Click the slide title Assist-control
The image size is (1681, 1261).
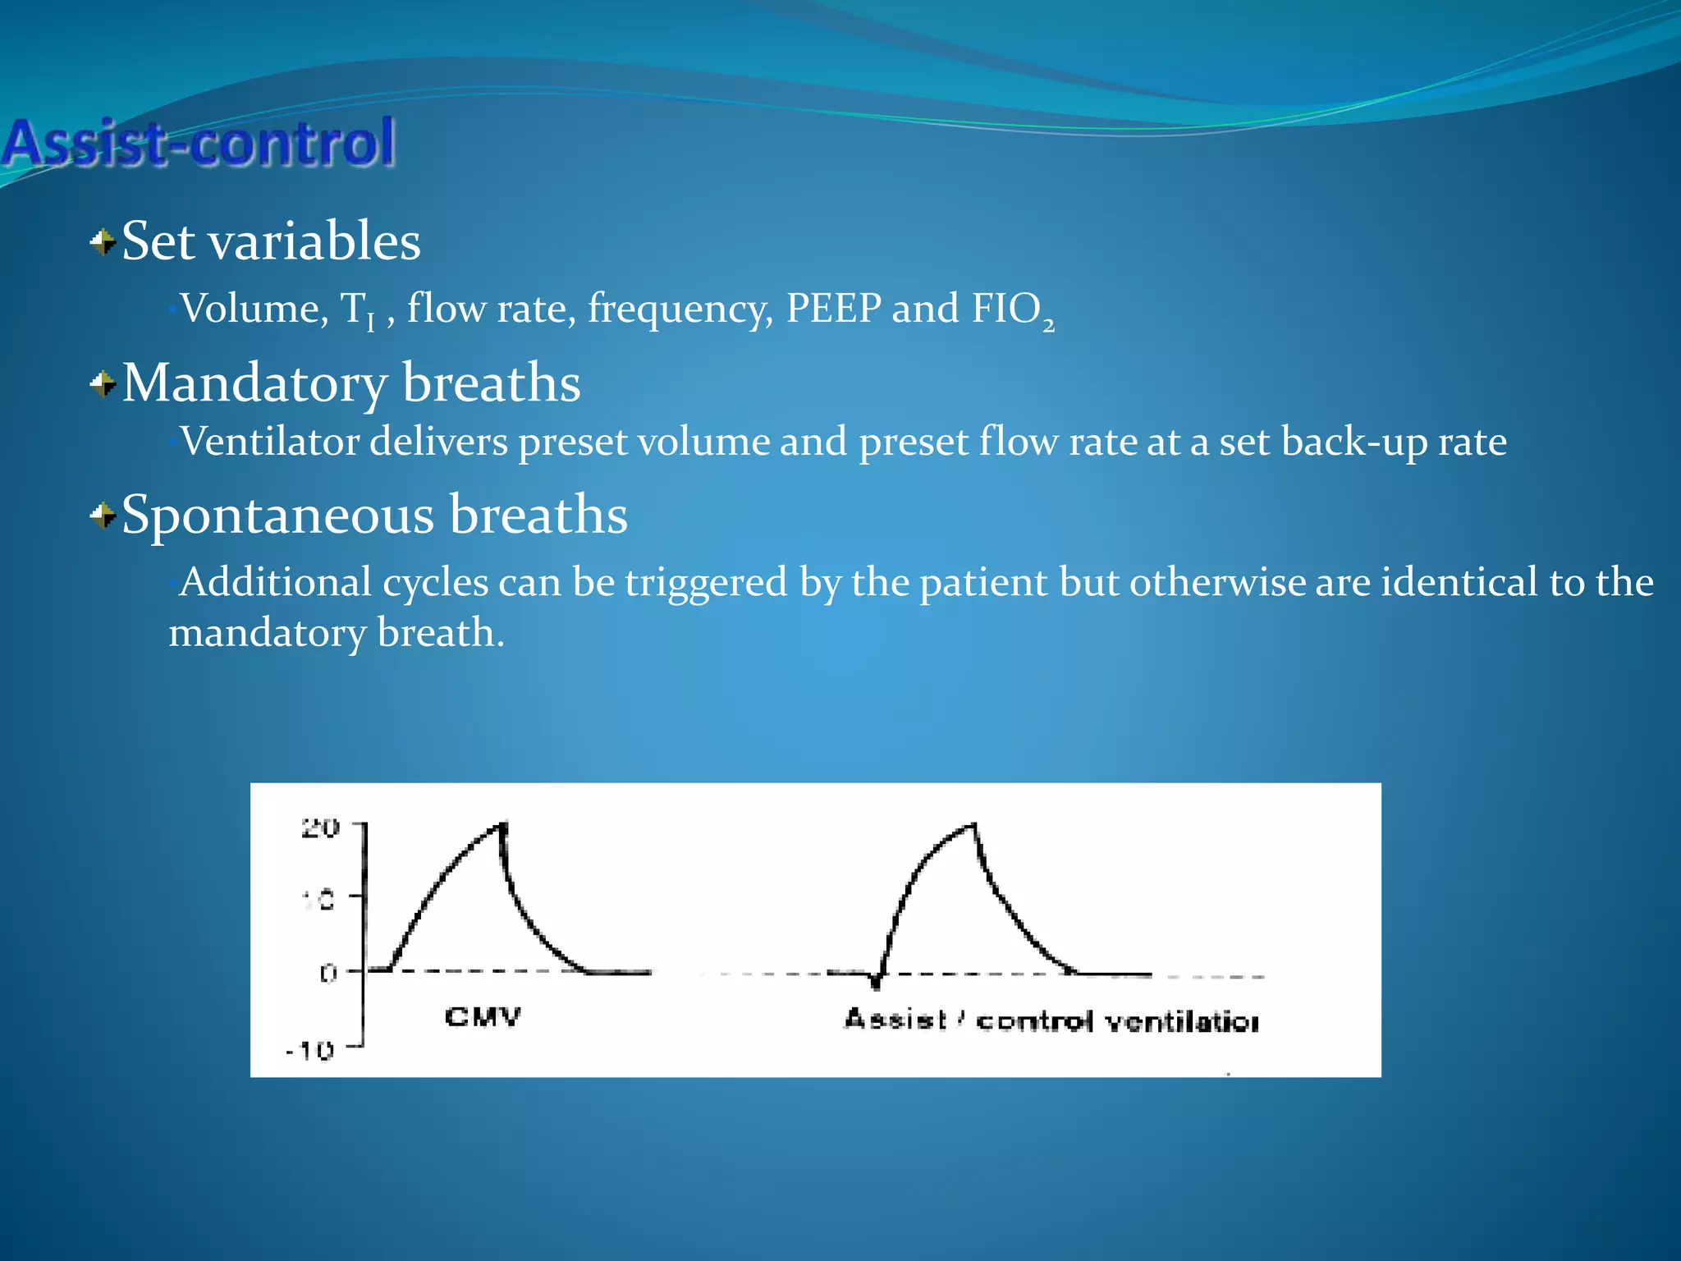tap(199, 143)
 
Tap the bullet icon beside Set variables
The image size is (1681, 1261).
tap(103, 243)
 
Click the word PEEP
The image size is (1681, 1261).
tap(833, 310)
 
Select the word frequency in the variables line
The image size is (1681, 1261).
tap(680, 310)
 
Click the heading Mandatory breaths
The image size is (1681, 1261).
tap(351, 383)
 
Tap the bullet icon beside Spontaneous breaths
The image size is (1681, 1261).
tap(103, 516)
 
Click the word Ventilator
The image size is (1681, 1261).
tap(270, 442)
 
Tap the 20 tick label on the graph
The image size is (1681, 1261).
tap(319, 828)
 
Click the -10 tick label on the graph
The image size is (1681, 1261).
tap(309, 1051)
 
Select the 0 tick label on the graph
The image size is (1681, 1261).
tap(327, 974)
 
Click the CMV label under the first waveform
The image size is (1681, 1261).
tap(482, 1017)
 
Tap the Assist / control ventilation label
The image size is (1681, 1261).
tap(1051, 1020)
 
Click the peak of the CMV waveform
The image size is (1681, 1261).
tap(502, 824)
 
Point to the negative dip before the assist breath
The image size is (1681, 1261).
tap(876, 981)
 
